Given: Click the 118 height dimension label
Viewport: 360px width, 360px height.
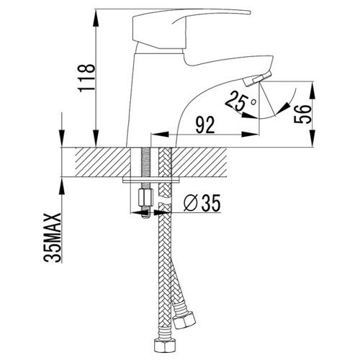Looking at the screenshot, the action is pyautogui.click(x=86, y=78).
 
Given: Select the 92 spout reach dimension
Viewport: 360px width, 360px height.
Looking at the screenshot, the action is pyautogui.click(x=204, y=125).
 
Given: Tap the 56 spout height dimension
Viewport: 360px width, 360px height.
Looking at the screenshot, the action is pyautogui.click(x=302, y=114).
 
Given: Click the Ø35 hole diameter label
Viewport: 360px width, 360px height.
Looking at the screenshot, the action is pyautogui.click(x=202, y=203).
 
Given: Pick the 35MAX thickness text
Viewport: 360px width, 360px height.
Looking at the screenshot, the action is pyautogui.click(x=53, y=238).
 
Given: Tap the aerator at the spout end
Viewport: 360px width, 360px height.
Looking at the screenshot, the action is pyautogui.click(x=258, y=78).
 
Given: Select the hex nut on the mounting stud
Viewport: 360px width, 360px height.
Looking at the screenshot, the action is pyautogui.click(x=145, y=197).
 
